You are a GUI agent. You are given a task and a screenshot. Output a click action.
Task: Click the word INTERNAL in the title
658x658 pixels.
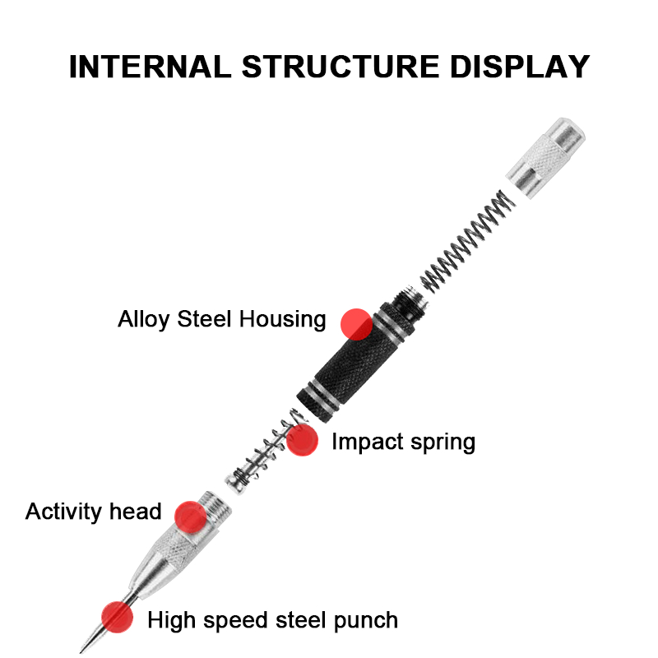pyautogui.click(x=151, y=67)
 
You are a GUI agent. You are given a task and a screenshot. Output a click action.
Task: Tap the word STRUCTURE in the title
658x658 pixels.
pyautogui.click(x=341, y=67)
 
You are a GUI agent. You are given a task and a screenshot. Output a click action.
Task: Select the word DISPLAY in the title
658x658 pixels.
pyautogui.click(x=520, y=67)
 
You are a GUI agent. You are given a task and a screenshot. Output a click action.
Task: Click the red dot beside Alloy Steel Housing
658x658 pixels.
pyautogui.click(x=356, y=324)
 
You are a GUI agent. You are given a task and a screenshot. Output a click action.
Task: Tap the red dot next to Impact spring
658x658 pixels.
pyautogui.click(x=302, y=440)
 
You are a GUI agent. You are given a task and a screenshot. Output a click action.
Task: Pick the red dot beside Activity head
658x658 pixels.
pyautogui.click(x=191, y=517)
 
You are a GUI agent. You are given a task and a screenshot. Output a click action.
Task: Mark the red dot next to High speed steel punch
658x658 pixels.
pyautogui.click(x=118, y=617)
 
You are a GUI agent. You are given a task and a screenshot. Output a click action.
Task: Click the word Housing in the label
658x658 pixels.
pyautogui.click(x=282, y=319)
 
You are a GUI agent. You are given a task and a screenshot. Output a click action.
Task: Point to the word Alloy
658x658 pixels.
pyautogui.click(x=143, y=319)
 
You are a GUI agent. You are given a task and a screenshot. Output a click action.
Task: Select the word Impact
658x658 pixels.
pyautogui.click(x=368, y=442)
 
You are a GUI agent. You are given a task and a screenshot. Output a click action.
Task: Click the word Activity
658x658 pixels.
pyautogui.click(x=64, y=512)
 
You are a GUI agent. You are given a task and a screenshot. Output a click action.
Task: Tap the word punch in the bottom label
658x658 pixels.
pyautogui.click(x=366, y=621)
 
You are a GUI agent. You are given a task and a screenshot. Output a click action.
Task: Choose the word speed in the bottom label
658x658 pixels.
pyautogui.click(x=235, y=621)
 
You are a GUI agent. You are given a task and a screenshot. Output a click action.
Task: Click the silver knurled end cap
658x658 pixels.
pyautogui.click(x=545, y=158)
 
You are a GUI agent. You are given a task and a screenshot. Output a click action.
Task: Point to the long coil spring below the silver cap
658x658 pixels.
pyautogui.click(x=467, y=241)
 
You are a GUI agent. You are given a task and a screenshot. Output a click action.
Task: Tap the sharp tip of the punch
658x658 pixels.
pyautogui.click(x=81, y=652)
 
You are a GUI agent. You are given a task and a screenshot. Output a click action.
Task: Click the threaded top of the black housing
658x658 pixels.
pyautogui.click(x=410, y=299)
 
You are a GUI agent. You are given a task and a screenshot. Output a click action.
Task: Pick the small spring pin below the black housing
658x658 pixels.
pyautogui.click(x=265, y=451)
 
